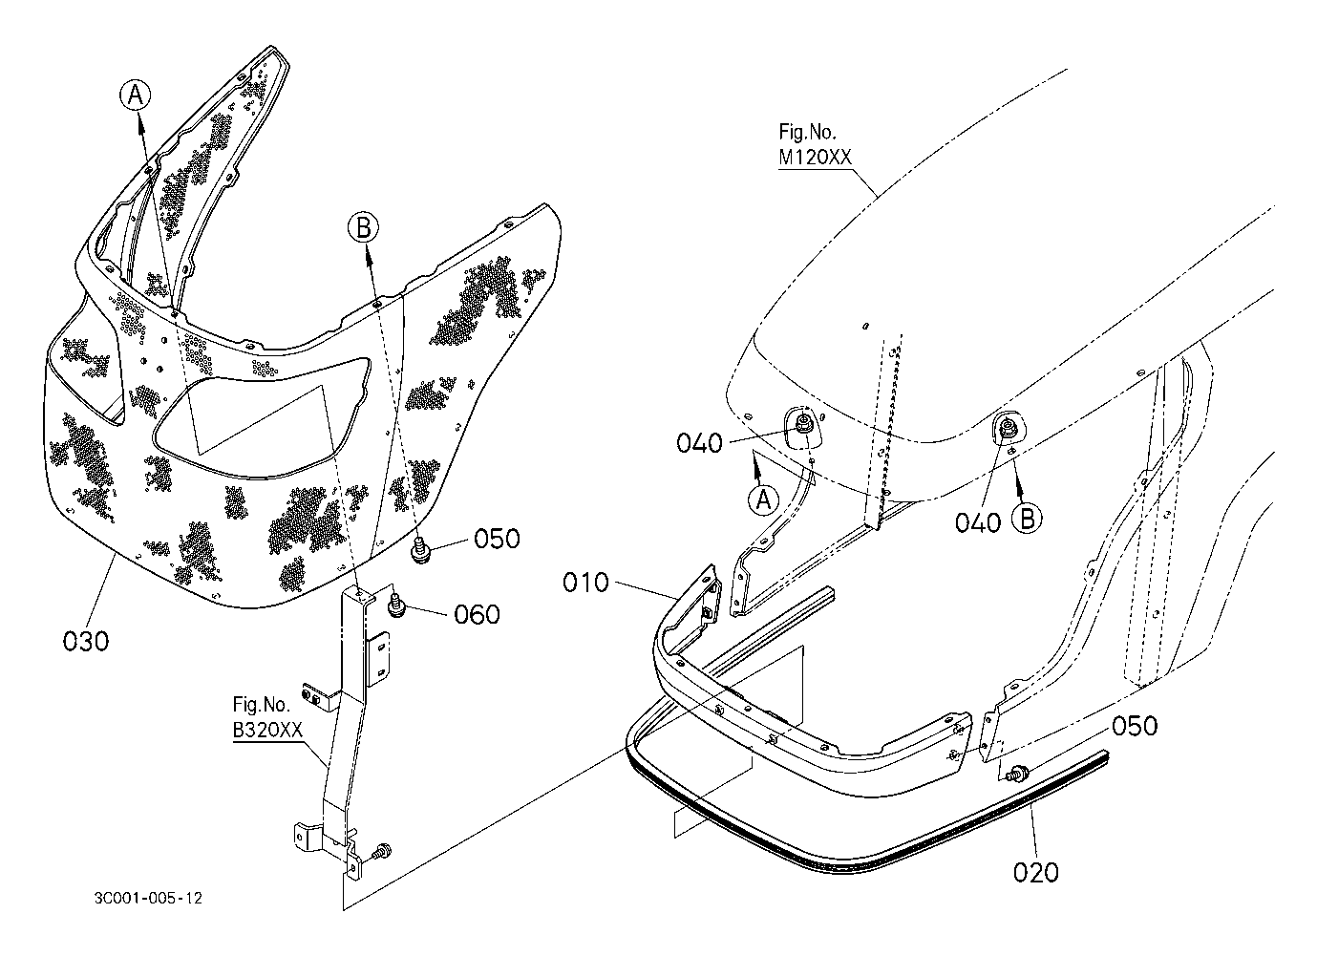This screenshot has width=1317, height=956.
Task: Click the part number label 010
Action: tap(585, 582)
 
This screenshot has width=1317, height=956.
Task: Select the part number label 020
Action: tap(1035, 871)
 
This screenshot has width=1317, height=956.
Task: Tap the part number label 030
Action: tap(86, 641)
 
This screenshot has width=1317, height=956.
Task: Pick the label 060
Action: tap(477, 614)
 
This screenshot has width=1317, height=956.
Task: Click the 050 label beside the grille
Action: tap(497, 539)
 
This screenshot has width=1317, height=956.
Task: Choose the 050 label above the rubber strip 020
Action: tap(1134, 726)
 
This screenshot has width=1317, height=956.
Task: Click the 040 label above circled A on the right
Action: tap(700, 443)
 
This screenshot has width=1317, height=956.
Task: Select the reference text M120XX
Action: tap(814, 158)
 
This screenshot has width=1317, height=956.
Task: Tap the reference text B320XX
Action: tap(268, 731)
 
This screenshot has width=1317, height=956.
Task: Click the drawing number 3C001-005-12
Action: tap(148, 898)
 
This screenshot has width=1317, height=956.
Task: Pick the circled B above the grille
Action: tap(365, 227)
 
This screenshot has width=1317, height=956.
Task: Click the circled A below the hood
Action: tap(763, 499)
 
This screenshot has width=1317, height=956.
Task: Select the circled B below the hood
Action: tap(1028, 518)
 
